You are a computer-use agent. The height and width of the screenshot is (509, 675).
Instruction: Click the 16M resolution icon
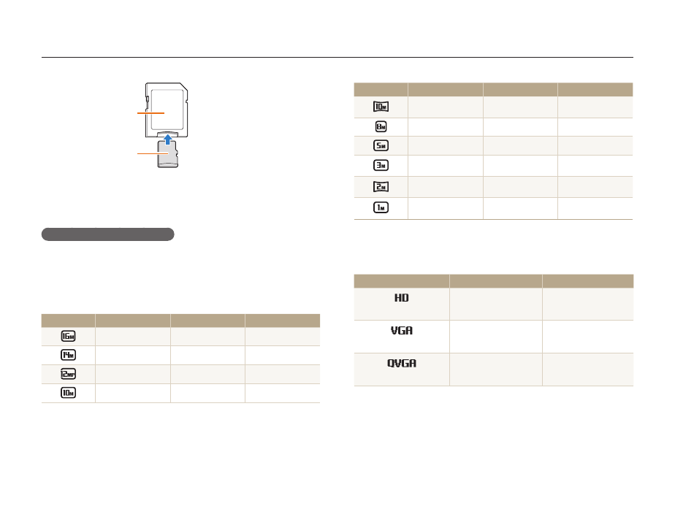(x=68, y=336)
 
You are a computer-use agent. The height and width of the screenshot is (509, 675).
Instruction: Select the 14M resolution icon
(x=68, y=355)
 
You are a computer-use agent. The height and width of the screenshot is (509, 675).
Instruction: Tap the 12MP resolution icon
(x=68, y=374)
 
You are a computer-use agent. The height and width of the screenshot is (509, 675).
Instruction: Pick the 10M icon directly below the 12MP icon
(x=68, y=393)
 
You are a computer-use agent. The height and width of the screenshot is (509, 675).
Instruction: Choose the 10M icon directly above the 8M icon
(x=381, y=107)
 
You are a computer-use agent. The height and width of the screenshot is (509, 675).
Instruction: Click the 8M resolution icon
(x=381, y=126)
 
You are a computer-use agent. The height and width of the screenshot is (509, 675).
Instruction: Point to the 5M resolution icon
(x=381, y=145)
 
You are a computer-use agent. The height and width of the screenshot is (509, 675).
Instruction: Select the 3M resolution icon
(x=381, y=165)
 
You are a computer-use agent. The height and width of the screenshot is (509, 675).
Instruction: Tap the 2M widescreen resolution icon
(x=381, y=187)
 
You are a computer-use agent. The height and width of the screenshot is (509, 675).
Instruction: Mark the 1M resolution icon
(x=381, y=207)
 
